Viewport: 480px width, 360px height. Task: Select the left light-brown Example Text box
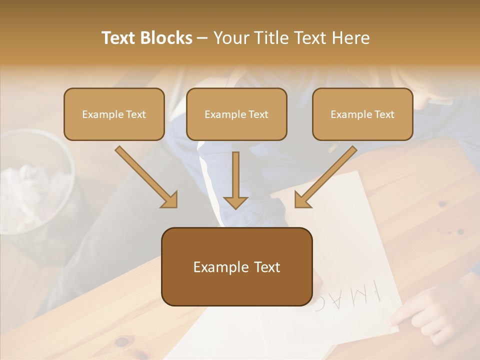click(x=114, y=114)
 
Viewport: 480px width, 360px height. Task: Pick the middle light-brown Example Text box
click(x=236, y=114)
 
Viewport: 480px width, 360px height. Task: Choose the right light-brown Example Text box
click(x=362, y=114)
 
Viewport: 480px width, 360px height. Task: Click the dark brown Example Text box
click(x=236, y=267)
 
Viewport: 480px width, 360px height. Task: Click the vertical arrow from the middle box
click(x=235, y=180)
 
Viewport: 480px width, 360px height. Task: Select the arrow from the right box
click(x=325, y=177)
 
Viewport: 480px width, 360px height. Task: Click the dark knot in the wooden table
click(x=122, y=342)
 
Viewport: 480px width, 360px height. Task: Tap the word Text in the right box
click(x=384, y=114)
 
